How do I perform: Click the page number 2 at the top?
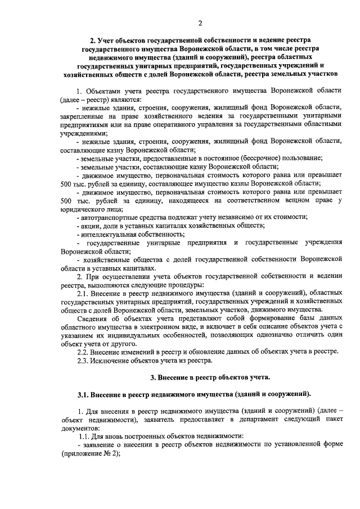[200, 23]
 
